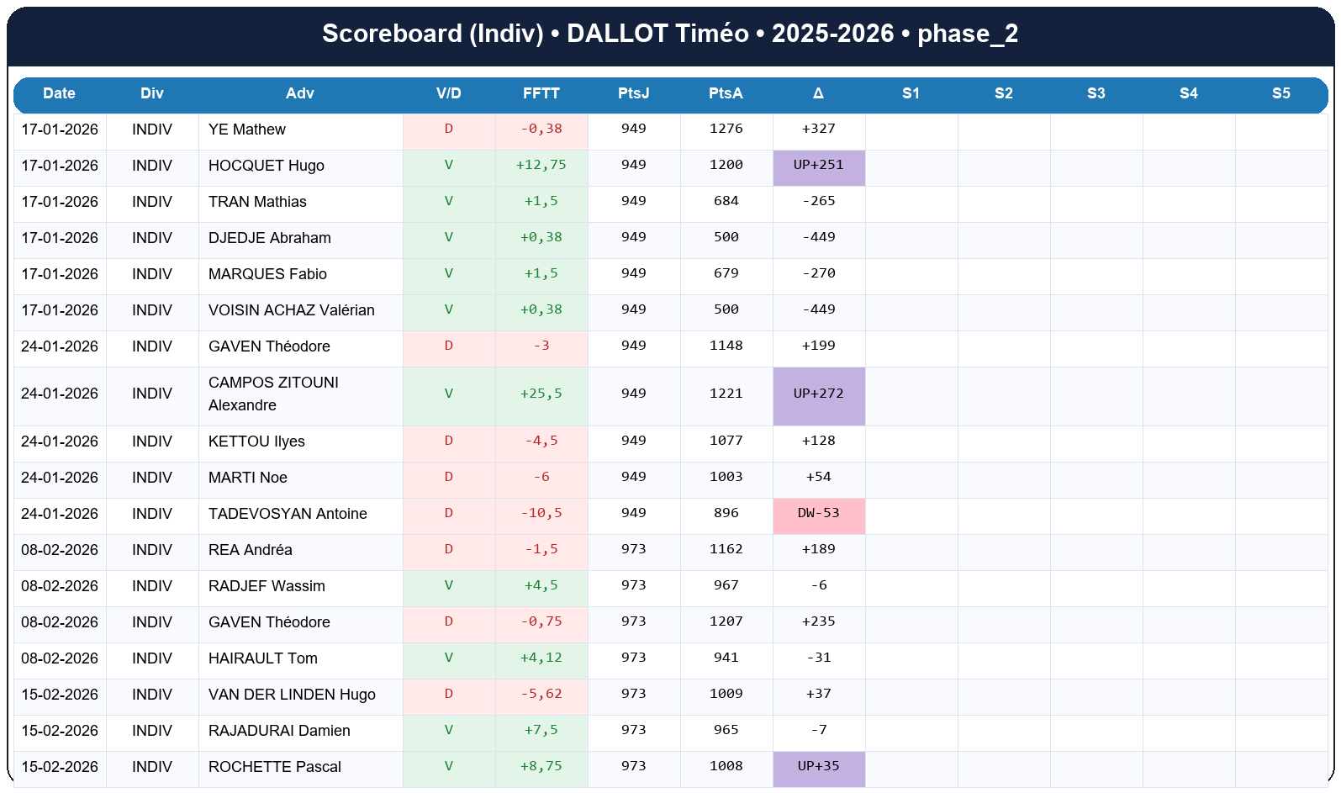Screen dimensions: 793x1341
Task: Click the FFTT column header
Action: click(541, 93)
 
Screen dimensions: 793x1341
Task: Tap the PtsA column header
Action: click(726, 93)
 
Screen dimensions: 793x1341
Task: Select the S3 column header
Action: click(1096, 93)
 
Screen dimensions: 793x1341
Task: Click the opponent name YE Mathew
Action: click(247, 130)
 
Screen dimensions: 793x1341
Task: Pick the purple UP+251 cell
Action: click(818, 165)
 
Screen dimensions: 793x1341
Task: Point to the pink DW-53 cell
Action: click(818, 513)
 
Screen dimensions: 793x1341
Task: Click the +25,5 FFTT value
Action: click(541, 394)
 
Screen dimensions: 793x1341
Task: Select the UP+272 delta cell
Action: click(818, 394)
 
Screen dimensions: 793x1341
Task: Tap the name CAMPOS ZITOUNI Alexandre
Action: click(273, 394)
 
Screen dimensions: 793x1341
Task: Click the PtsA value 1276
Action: click(726, 129)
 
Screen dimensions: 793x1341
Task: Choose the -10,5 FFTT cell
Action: click(541, 513)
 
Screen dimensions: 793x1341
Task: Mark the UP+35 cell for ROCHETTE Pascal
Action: click(818, 766)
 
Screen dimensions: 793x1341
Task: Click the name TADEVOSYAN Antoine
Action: click(288, 514)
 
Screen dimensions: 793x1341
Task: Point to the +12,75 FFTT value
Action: click(541, 165)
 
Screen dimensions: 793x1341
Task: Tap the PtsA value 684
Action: click(726, 201)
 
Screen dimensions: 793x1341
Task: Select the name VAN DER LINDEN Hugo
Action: click(292, 695)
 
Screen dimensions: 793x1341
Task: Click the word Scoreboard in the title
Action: click(392, 34)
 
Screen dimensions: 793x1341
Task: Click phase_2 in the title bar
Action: click(967, 34)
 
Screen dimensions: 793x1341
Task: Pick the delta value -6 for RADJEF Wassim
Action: click(818, 585)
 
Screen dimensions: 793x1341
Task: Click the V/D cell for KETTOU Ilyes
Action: click(448, 441)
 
